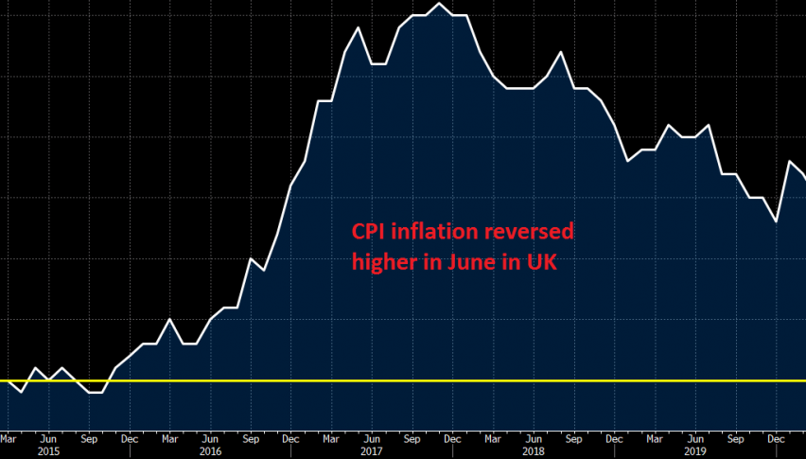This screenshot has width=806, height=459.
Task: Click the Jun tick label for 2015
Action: point(48,438)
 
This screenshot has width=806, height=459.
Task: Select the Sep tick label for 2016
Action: point(251,438)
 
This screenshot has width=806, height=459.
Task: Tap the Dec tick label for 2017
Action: point(452,438)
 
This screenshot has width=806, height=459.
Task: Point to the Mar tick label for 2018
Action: point(493,438)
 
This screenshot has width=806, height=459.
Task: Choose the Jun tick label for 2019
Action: point(694,438)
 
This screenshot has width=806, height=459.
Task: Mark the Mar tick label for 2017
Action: point(331,438)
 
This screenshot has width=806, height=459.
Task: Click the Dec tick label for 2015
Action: point(130,438)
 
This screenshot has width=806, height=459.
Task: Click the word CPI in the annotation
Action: point(370,233)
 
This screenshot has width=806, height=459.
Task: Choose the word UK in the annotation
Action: point(540,262)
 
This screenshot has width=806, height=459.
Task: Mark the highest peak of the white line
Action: point(439,4)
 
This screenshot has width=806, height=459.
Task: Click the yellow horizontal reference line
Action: point(568,380)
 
